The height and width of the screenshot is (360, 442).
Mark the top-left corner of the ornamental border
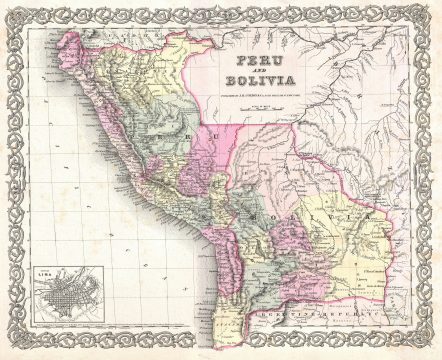coord(9,9)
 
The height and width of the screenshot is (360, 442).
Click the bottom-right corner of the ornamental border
coord(432,350)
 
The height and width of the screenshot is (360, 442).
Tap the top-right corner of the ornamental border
coord(432,9)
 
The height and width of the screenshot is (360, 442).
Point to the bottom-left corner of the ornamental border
coord(9,350)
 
